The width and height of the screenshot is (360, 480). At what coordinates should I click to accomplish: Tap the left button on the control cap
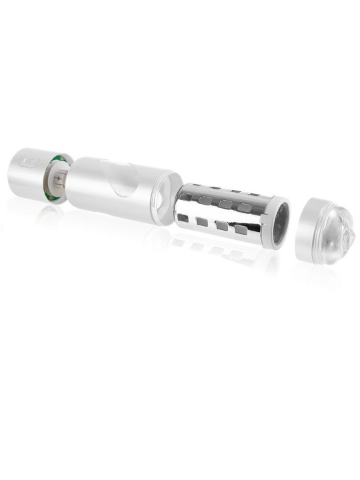click(26, 161)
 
